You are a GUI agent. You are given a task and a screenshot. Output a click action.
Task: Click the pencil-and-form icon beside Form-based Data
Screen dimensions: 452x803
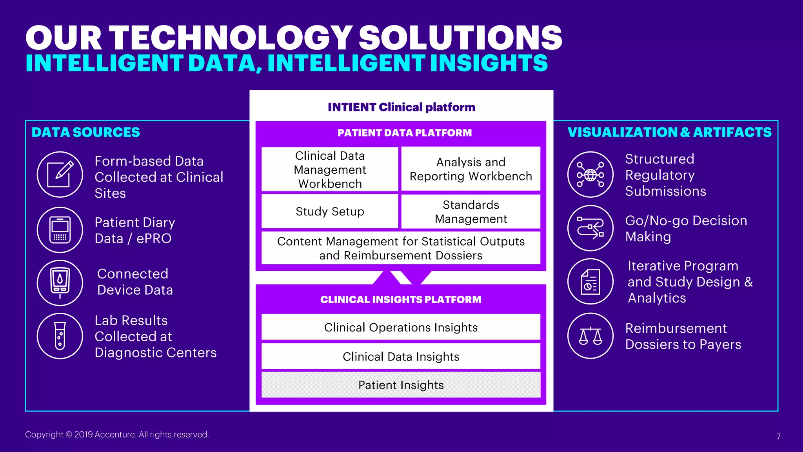point(60,175)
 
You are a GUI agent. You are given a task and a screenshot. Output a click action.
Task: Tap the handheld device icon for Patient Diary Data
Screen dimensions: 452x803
point(60,230)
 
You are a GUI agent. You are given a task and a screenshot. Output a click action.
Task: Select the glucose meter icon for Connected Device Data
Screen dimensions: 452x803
point(60,282)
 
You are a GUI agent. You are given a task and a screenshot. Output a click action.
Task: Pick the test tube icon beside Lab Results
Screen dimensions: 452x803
point(60,336)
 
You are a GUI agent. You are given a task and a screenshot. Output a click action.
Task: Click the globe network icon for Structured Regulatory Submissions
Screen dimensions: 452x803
point(590,175)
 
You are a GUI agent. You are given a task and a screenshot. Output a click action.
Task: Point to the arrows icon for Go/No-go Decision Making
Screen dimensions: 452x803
point(590,228)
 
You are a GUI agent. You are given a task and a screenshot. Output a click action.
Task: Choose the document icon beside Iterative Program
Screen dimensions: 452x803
point(590,281)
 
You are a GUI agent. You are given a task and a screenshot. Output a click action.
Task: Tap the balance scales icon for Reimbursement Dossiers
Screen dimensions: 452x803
point(590,336)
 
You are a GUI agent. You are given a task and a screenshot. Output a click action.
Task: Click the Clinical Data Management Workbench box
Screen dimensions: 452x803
point(330,169)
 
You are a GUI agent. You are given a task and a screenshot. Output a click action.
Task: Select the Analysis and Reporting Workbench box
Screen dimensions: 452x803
point(471,169)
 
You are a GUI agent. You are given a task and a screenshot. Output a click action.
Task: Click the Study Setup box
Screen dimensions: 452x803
point(330,211)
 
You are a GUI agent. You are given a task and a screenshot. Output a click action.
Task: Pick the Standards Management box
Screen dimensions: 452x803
point(471,211)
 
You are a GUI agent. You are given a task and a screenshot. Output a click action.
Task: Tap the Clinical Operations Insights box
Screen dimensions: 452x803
point(401,327)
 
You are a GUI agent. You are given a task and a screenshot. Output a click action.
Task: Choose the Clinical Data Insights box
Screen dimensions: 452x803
point(401,357)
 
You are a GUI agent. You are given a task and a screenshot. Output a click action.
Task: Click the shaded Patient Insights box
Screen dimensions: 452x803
point(401,385)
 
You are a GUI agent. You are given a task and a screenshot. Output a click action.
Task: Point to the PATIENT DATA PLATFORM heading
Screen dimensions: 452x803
point(405,133)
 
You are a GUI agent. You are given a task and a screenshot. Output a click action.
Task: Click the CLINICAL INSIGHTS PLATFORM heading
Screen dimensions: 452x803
point(401,300)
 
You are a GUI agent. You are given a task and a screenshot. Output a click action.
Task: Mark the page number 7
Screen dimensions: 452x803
point(778,437)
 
